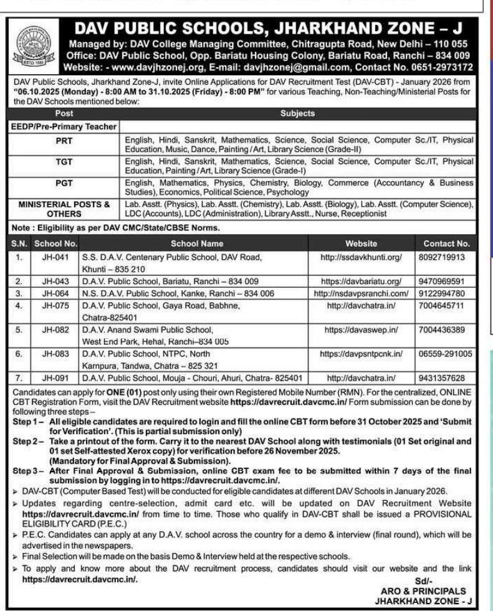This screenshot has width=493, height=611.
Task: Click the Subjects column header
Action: point(297,114)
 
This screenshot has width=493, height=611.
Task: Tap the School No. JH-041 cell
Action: point(55,256)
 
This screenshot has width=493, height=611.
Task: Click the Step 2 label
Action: point(29,441)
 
